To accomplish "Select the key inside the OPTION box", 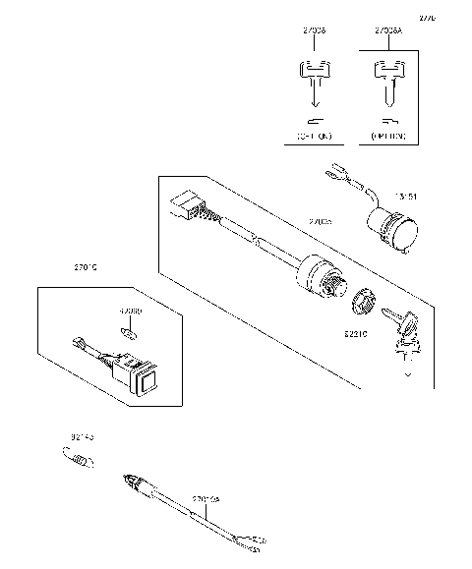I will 385,83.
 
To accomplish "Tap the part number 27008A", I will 387,31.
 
